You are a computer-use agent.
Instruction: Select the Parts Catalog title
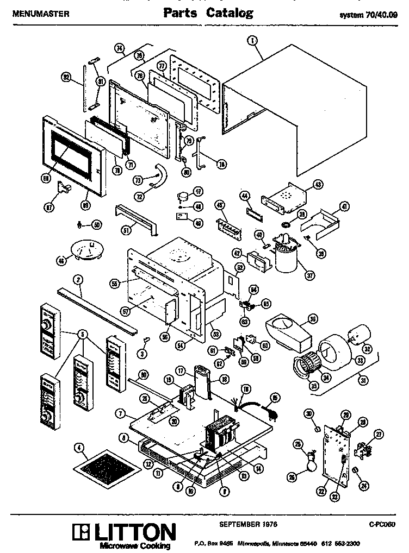tap(208, 14)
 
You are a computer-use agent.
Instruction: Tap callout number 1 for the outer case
tap(252, 40)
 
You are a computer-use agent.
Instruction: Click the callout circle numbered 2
tap(78, 280)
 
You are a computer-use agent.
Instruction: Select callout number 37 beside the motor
tap(310, 275)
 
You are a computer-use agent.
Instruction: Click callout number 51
tap(126, 230)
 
